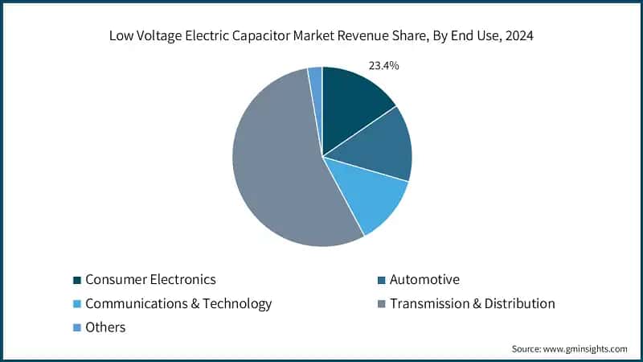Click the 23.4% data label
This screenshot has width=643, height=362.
tap(383, 65)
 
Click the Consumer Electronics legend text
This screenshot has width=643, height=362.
tap(150, 280)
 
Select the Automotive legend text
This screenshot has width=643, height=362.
tap(424, 280)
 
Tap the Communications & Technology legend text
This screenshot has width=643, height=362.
tap(178, 303)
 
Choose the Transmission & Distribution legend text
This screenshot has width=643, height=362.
tap(472, 303)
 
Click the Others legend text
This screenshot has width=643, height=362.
tap(105, 327)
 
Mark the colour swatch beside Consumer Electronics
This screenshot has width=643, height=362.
tap(76, 280)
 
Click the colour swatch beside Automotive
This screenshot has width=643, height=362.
tap(381, 280)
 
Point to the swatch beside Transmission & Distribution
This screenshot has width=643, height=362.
tap(381, 304)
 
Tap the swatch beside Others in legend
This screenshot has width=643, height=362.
tap(76, 327)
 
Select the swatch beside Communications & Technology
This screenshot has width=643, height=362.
tap(76, 304)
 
